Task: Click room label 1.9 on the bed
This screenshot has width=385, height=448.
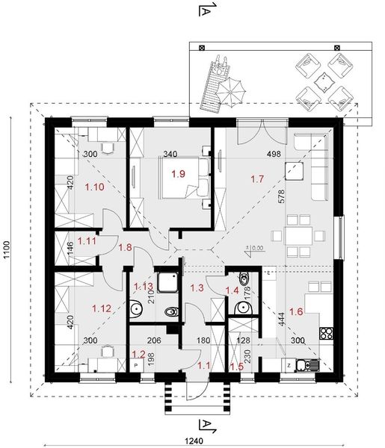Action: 178,174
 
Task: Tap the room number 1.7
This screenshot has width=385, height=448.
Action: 257,179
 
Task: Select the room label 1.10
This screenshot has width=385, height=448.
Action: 95,187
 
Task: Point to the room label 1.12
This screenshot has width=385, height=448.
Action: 102,308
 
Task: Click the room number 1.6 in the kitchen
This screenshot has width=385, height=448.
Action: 296,311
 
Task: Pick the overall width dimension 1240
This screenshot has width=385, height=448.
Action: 194,441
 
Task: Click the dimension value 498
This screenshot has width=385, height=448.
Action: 274,154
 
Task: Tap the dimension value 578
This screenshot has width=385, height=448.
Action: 281,196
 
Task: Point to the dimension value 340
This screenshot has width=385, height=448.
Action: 170,154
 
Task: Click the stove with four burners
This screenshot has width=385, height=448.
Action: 327,333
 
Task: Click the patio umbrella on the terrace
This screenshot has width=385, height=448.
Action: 230,91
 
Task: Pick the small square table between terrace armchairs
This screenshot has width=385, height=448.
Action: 324,81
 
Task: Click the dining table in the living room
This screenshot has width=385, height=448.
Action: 298,236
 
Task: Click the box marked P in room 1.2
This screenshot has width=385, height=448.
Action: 137,365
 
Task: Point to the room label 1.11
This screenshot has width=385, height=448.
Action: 87,241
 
